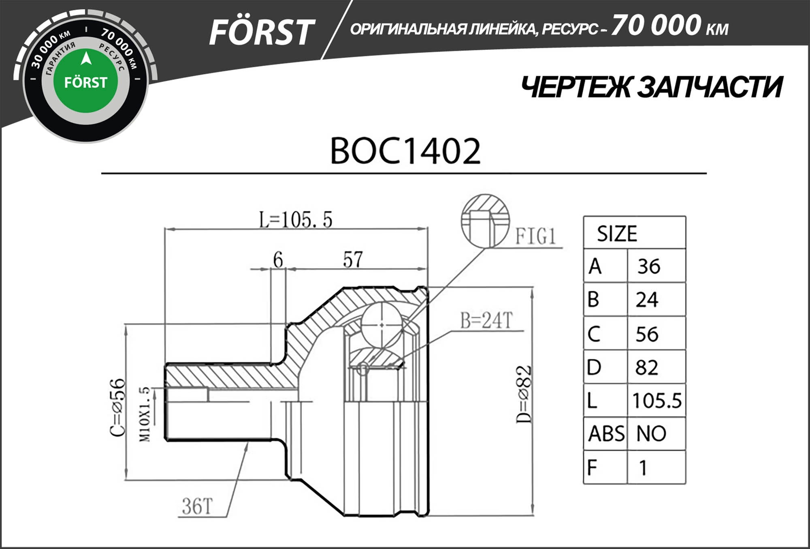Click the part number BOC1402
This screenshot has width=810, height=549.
405,151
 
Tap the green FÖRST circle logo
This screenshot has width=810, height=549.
85,81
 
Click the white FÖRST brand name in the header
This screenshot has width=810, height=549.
261,32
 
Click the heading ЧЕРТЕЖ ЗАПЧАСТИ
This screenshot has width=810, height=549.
651,87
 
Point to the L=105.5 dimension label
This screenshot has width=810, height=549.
296,220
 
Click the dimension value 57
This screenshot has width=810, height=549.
353,259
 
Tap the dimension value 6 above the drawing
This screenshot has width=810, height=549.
278,259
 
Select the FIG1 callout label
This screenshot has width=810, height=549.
535,236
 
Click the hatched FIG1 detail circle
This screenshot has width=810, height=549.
485,221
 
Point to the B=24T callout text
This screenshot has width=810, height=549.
486,320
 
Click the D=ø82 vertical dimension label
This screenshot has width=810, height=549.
524,395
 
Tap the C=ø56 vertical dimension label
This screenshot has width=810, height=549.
118,407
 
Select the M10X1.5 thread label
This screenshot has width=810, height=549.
145,414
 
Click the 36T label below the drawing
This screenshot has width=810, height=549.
197,506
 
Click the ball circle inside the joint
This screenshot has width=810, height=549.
382,325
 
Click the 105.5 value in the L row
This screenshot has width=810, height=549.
657,401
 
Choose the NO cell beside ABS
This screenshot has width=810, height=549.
651,433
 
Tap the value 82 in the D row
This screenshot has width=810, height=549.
647,367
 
